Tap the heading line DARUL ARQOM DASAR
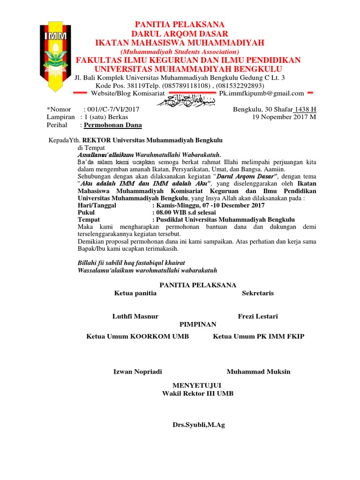pos(180,34)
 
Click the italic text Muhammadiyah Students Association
pos(180,51)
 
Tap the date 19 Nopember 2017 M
pos(284,117)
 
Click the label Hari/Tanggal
pos(97,205)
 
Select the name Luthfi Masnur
pos(135,316)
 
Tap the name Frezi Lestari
pos(258,316)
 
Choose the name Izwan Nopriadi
pos(138,372)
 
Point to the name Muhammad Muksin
pos(259,372)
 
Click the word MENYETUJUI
pos(197,386)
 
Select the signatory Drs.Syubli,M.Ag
pos(199,425)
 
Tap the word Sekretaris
pos(258,293)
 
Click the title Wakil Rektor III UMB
pos(198,394)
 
